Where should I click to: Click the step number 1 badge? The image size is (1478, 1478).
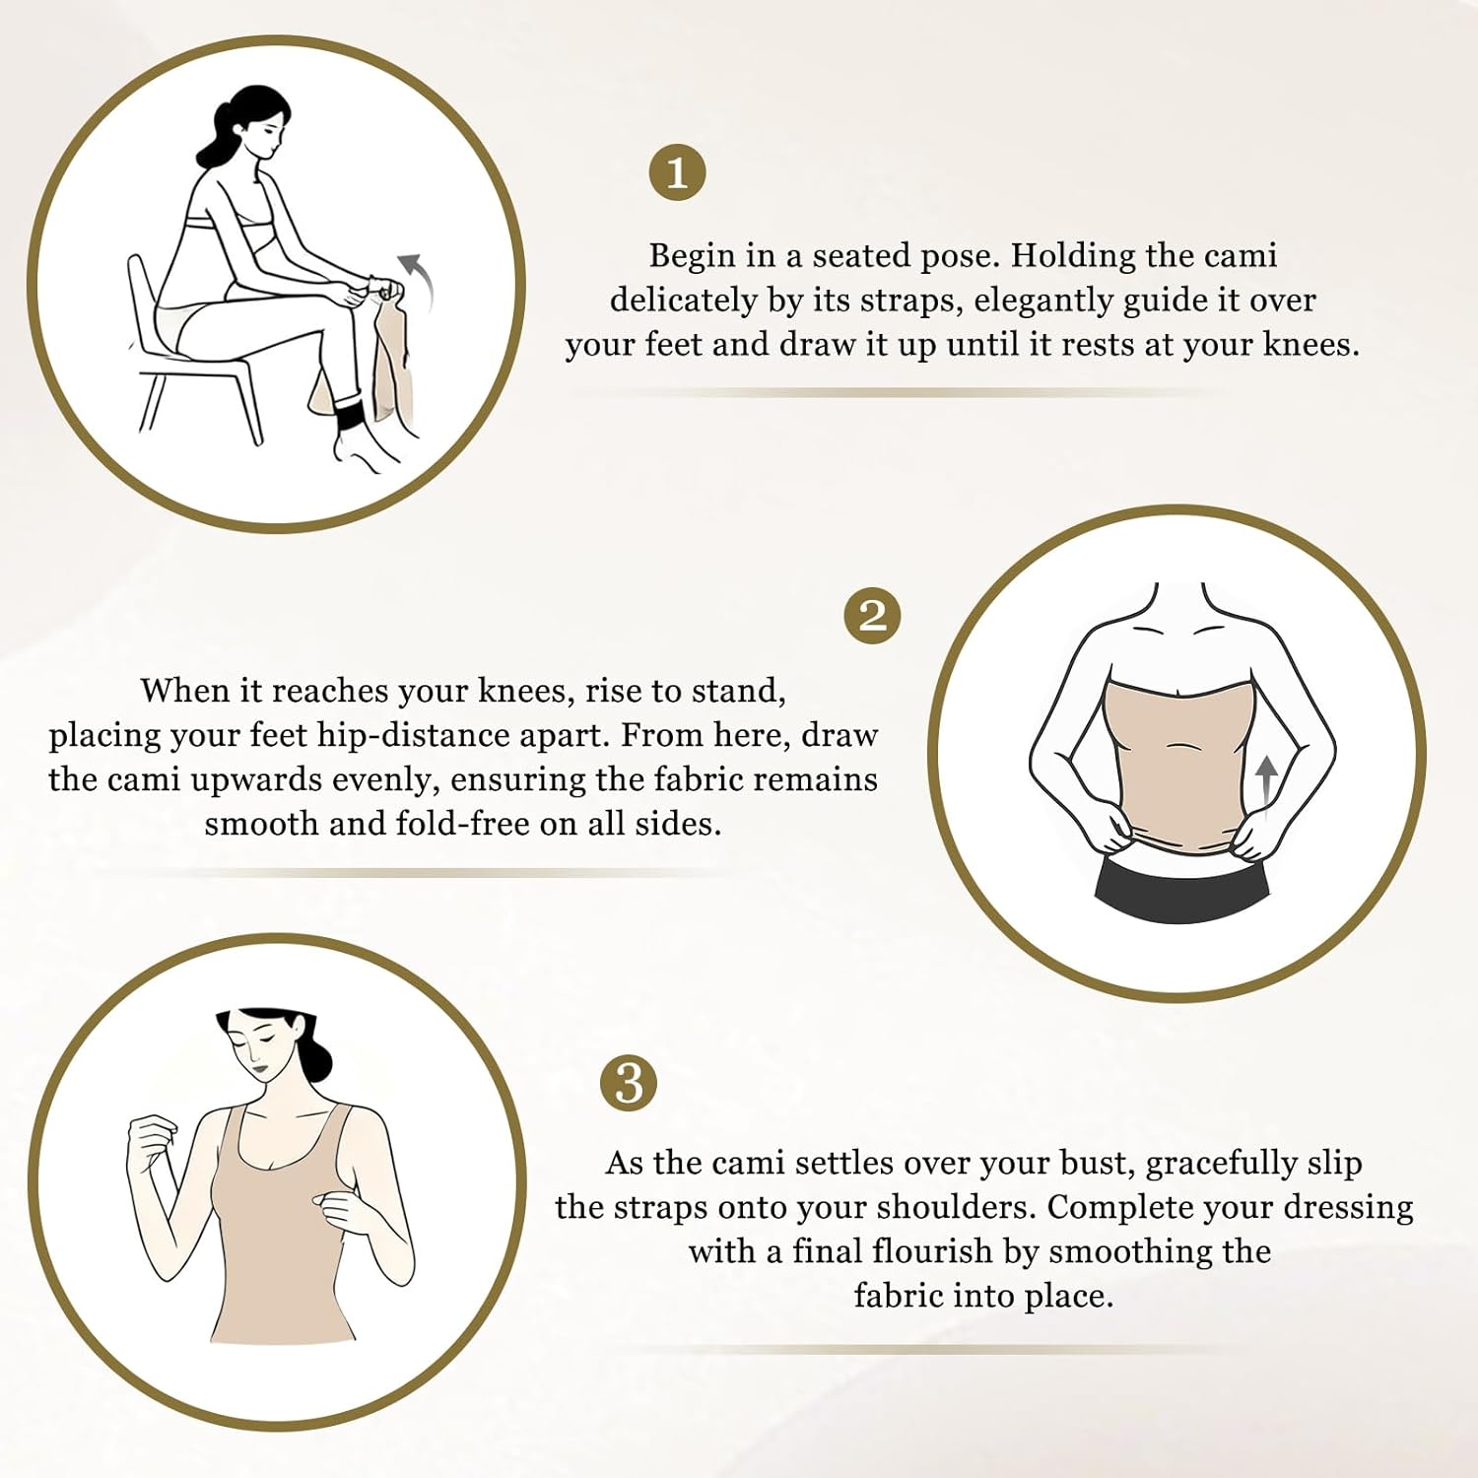677,172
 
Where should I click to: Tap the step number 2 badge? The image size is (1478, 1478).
873,616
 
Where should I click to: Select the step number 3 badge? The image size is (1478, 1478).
629,1083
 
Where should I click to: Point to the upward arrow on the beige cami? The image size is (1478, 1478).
1267,778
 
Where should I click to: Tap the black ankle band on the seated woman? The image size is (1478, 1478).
351,417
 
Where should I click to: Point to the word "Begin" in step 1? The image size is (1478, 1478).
692,255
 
